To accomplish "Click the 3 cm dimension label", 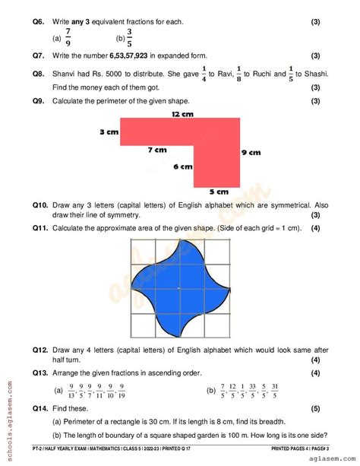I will point(109,132).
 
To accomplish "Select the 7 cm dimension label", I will point(157,150).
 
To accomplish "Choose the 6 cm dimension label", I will point(182,166).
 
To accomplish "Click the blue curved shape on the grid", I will point(178,287).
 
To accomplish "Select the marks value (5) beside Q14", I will point(314,408).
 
